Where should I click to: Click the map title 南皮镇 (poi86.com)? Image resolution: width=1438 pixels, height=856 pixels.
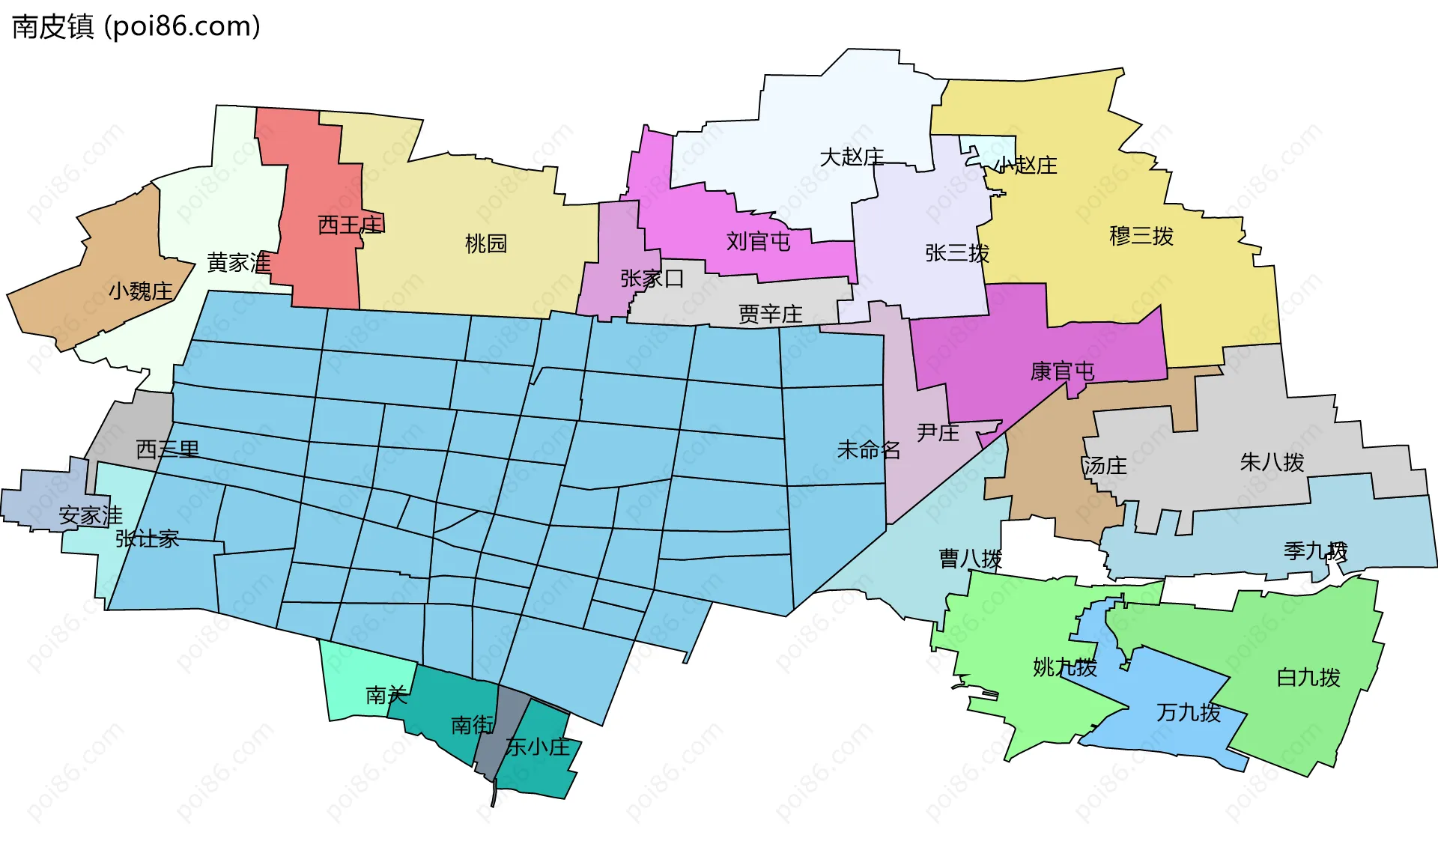point(136,27)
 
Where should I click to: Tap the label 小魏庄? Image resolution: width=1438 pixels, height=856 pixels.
point(141,291)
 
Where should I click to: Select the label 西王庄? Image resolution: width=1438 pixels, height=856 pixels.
point(351,224)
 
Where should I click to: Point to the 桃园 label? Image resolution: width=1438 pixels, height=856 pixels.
point(486,243)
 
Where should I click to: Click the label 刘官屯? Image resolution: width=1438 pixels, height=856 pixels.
point(758,241)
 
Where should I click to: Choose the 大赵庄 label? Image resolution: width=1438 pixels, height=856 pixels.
point(852,157)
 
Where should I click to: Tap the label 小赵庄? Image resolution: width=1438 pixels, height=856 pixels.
point(1025,166)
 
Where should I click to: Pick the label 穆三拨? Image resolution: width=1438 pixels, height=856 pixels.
point(1141,236)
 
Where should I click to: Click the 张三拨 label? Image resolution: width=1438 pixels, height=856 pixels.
point(956,253)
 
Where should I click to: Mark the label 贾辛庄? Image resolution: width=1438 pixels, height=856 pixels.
point(770,314)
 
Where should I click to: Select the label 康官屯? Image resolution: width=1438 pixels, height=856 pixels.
point(1062,371)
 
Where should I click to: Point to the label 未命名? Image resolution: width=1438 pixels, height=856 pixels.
point(868,450)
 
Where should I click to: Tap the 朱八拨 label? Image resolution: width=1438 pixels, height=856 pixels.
point(1272,462)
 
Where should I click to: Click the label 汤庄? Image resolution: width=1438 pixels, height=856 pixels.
point(1104,466)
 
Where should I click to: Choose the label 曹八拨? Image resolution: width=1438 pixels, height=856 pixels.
point(970,559)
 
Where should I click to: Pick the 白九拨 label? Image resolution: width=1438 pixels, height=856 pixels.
point(1308,678)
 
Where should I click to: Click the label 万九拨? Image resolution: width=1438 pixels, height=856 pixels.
point(1188,712)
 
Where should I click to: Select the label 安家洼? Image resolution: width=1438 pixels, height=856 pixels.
point(91,515)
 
